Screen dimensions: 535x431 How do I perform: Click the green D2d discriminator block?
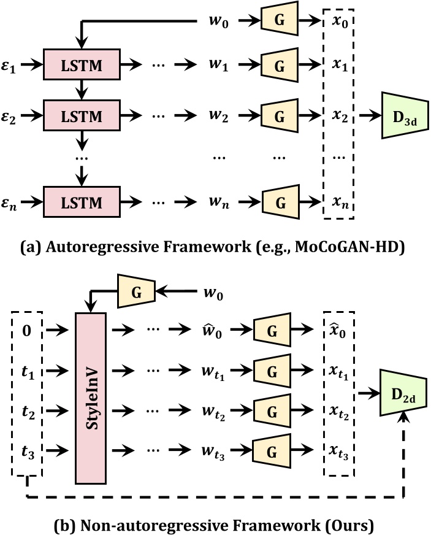point(402,388)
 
